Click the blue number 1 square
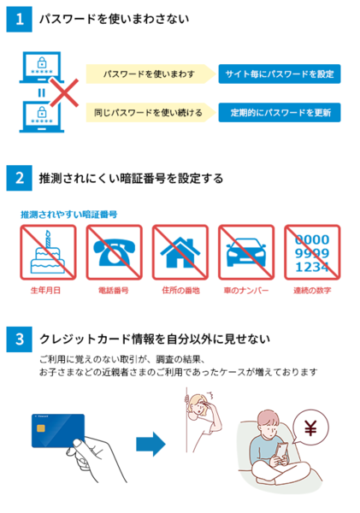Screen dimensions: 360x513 20,20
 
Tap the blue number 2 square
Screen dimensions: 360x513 20,178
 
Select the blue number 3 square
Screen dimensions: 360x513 20,339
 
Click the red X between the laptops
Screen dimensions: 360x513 64,93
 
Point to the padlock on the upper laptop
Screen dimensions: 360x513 42,62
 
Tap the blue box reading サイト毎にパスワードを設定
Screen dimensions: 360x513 280,74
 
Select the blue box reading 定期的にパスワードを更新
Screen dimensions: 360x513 280,113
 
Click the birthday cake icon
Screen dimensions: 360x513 48,254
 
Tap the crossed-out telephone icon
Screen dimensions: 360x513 115,252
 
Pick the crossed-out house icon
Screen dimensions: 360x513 180,252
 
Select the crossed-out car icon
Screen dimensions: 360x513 246,252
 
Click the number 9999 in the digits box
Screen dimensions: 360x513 312,253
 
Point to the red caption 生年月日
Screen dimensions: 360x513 45,291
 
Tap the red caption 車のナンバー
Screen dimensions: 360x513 246,291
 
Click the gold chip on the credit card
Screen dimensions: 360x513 41,428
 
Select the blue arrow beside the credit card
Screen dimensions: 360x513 150,444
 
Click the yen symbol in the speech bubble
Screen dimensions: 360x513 310,428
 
